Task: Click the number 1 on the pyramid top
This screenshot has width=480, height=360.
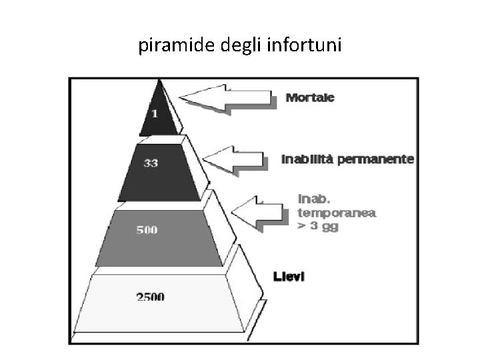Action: point(155,114)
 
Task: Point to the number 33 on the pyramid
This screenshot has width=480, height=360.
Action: point(151,163)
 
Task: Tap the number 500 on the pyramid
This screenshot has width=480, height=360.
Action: point(147,230)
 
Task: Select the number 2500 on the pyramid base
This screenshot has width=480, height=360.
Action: point(151,297)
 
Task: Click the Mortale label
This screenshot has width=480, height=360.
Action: point(310,97)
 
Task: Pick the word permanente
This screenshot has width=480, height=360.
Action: point(379,159)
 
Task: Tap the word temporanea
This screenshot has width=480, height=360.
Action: point(337,213)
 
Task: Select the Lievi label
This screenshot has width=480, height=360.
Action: point(289,276)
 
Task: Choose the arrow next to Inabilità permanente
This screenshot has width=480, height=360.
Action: point(234,160)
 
